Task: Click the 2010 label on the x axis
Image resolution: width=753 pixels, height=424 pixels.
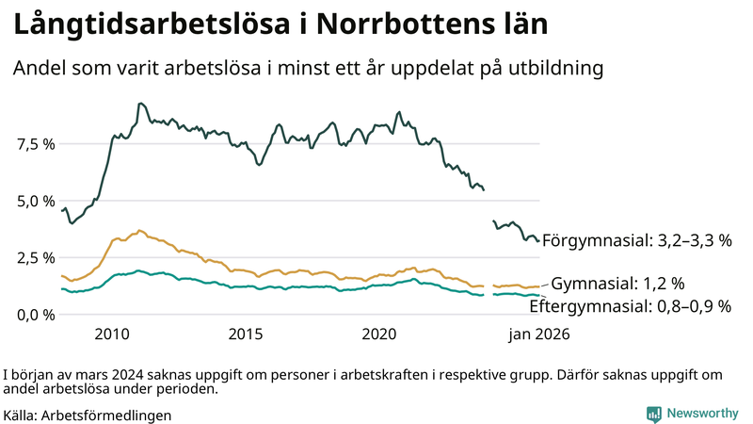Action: pyautogui.click(x=112, y=334)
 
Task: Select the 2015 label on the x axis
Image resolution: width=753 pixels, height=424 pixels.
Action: pyautogui.click(x=246, y=334)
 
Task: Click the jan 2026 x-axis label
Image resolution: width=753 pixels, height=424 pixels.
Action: pyautogui.click(x=539, y=334)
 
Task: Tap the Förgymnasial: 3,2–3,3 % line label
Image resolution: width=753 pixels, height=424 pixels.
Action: pyautogui.click(x=636, y=240)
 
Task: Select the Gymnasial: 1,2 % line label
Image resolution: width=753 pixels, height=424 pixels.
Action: pyautogui.click(x=617, y=284)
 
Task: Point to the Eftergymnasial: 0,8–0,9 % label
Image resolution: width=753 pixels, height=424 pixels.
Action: pyautogui.click(x=630, y=306)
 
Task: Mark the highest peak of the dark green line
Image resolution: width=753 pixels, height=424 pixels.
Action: pyautogui.click(x=140, y=104)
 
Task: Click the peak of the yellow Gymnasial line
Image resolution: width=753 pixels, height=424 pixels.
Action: pyautogui.click(x=140, y=230)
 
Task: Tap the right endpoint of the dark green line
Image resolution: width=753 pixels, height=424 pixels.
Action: pyautogui.click(x=538, y=240)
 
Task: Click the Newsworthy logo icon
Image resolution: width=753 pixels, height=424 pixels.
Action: pyautogui.click(x=653, y=414)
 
